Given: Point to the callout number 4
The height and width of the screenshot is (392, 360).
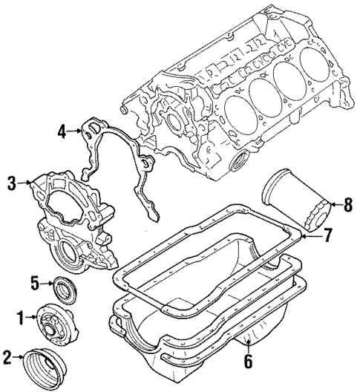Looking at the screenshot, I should [x=62, y=133].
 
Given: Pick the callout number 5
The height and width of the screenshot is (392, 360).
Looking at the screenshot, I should [x=34, y=282].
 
